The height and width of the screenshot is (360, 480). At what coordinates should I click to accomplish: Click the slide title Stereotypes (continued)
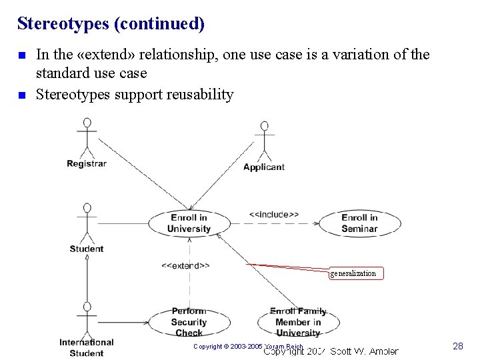[111, 24]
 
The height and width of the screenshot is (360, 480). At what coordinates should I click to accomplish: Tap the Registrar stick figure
[86, 137]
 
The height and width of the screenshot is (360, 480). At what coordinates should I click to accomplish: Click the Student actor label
[87, 249]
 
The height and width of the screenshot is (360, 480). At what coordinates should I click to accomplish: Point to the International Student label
[87, 347]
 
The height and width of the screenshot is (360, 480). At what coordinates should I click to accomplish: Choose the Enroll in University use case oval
[189, 223]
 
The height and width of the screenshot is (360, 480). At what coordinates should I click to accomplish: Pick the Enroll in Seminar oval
[359, 223]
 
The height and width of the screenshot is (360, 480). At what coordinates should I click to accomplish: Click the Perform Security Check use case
[189, 323]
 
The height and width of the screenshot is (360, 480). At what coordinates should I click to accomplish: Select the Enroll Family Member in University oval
[298, 323]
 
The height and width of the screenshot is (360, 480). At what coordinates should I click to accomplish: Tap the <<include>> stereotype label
[273, 215]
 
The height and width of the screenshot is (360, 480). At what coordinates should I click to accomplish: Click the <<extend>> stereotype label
[185, 265]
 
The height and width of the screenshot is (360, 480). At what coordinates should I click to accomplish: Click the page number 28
[457, 346]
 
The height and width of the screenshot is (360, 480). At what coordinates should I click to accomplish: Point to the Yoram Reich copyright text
[248, 347]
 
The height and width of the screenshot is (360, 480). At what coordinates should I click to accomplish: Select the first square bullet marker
[22, 55]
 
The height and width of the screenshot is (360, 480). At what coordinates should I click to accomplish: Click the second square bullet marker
[22, 95]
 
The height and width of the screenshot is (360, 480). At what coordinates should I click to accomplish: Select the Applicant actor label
[264, 167]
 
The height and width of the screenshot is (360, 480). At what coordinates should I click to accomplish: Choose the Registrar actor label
[87, 164]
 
